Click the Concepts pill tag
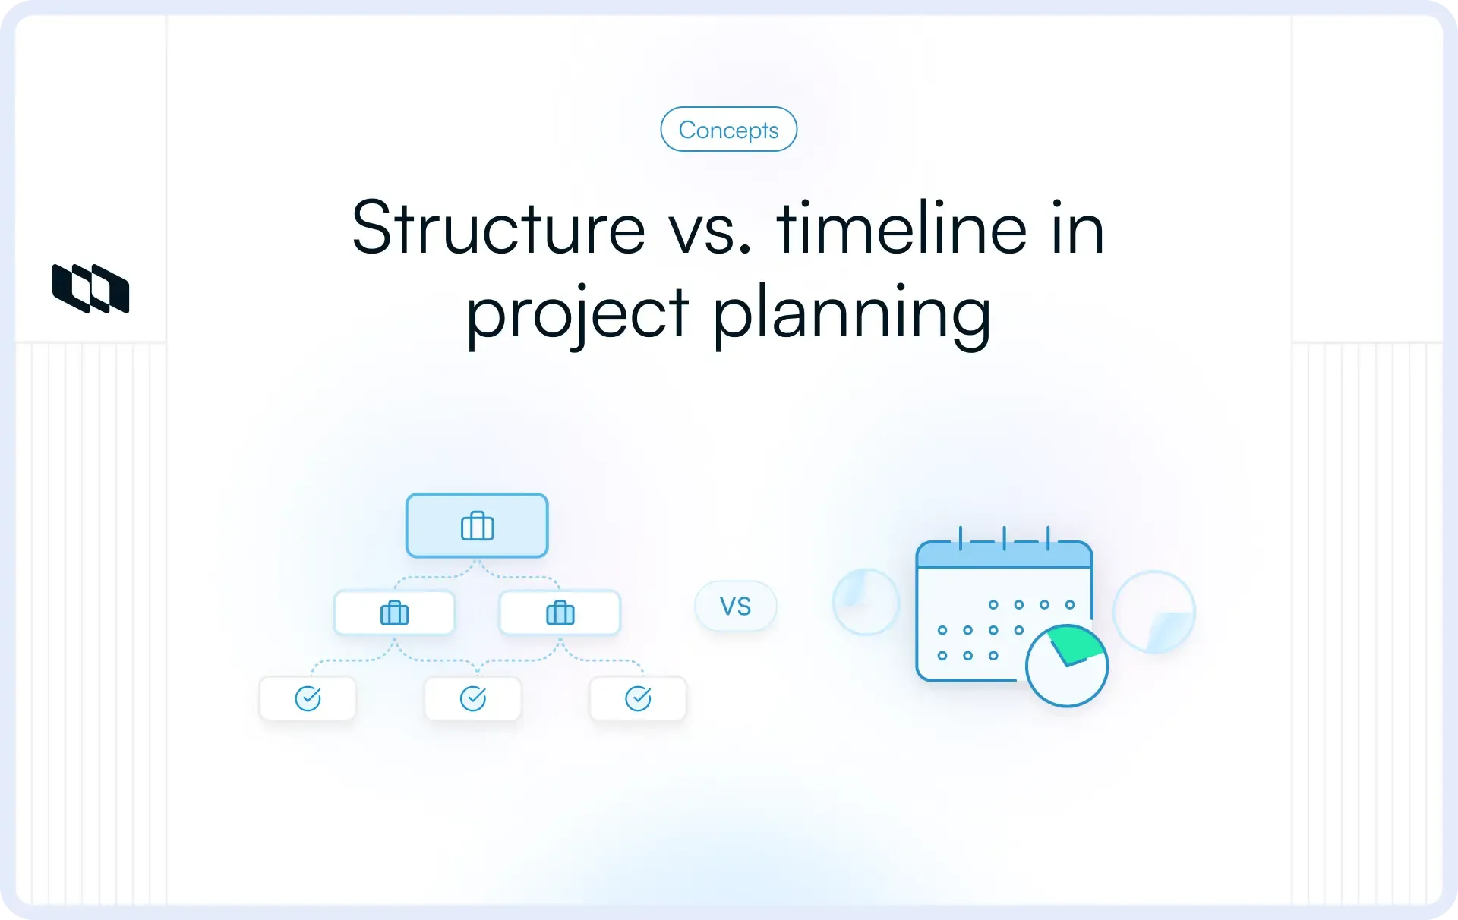pos(728,130)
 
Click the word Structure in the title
pos(498,228)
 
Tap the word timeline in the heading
pos(901,228)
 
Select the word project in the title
pos(577,313)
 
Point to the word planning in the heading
pos(852,313)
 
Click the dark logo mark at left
pos(90,288)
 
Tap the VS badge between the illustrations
pos(735,606)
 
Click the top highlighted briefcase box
pos(477,525)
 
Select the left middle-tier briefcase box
pos(394,613)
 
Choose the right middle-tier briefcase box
pos(560,613)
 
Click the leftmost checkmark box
pos(308,698)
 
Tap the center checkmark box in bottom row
pos(473,698)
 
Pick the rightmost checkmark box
pos(638,698)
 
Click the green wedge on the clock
pos(1075,644)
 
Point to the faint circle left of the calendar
pos(866,602)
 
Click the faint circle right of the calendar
pos(1153,612)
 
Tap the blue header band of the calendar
pos(1004,556)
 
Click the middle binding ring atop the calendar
pos(1004,537)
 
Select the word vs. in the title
pos(710,228)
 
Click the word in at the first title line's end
pos(1078,228)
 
